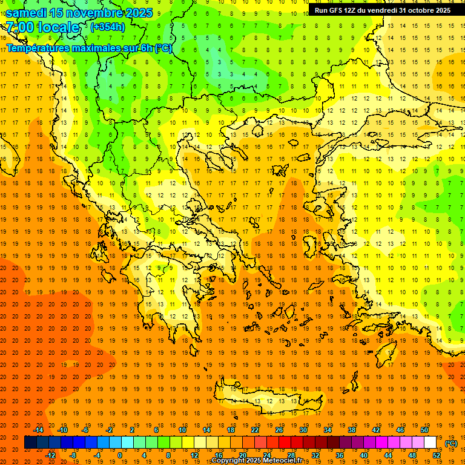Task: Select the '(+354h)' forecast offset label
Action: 108,27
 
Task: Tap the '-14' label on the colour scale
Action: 39,430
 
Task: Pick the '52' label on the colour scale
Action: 437,455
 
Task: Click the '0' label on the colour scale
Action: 120,455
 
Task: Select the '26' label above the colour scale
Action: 279,430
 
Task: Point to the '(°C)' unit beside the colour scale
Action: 451,443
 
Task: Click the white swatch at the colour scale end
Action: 430,443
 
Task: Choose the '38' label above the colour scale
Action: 352,430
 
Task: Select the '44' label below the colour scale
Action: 388,455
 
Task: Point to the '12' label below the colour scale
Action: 194,455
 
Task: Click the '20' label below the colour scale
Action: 243,455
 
